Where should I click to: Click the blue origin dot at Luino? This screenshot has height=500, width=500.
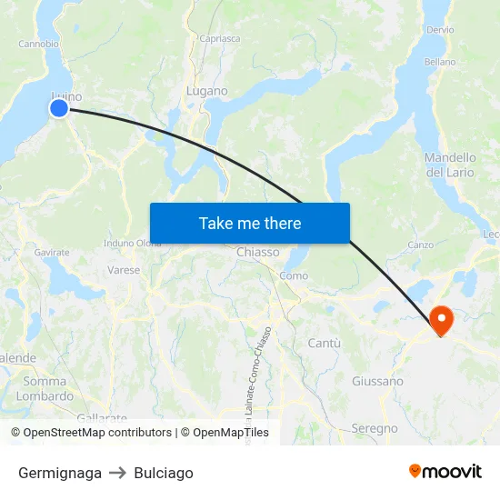coord(59,108)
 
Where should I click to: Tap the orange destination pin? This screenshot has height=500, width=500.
coord(441,319)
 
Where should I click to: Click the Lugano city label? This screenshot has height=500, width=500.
coord(206,91)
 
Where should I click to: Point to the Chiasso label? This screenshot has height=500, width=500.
coord(257,252)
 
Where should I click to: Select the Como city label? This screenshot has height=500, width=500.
coord(294,275)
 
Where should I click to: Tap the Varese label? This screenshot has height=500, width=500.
coord(124,270)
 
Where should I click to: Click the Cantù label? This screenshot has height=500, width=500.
coord(325,343)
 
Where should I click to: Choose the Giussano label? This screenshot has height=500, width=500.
coord(377,381)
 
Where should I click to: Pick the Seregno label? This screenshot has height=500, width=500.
coord(375,428)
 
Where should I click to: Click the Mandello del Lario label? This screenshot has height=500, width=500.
coord(450,165)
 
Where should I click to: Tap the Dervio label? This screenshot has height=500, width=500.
coord(439,30)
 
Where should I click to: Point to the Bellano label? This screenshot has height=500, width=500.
coord(440,62)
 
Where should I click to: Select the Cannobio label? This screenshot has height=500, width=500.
coord(39,43)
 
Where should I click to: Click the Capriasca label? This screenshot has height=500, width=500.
coord(219,39)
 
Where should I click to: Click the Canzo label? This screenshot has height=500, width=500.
coord(420,245)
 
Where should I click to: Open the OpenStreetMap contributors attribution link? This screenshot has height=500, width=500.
coord(97,433)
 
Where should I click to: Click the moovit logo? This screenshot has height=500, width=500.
coord(445,472)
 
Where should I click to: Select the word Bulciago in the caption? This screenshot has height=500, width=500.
coord(164,473)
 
